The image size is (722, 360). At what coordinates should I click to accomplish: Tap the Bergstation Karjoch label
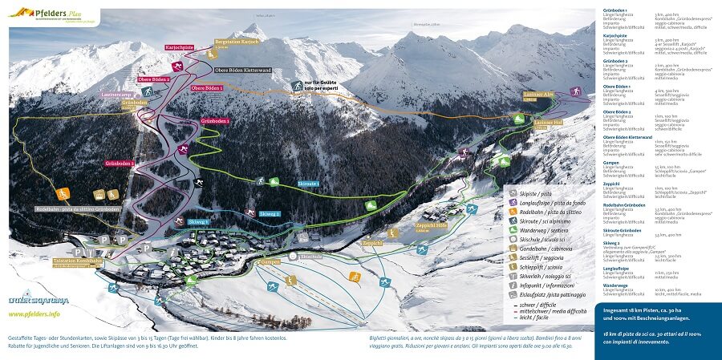point(239,44)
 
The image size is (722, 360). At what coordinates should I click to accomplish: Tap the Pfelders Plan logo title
point(55,14)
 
